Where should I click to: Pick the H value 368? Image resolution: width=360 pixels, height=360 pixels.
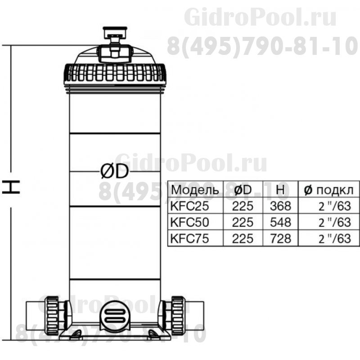[281, 206]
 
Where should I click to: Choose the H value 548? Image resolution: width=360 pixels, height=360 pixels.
[281, 222]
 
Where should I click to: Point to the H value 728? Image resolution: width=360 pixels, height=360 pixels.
[281, 238]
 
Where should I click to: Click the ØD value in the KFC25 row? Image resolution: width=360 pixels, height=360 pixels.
[243, 206]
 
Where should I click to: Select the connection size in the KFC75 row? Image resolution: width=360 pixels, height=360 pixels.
[333, 238]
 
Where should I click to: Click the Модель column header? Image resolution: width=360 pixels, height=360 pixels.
[195, 190]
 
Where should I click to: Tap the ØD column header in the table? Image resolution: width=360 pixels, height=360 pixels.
[243, 190]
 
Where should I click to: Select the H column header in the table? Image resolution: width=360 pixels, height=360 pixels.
[280, 190]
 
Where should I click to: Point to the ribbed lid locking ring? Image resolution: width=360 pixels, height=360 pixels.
[115, 72]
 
